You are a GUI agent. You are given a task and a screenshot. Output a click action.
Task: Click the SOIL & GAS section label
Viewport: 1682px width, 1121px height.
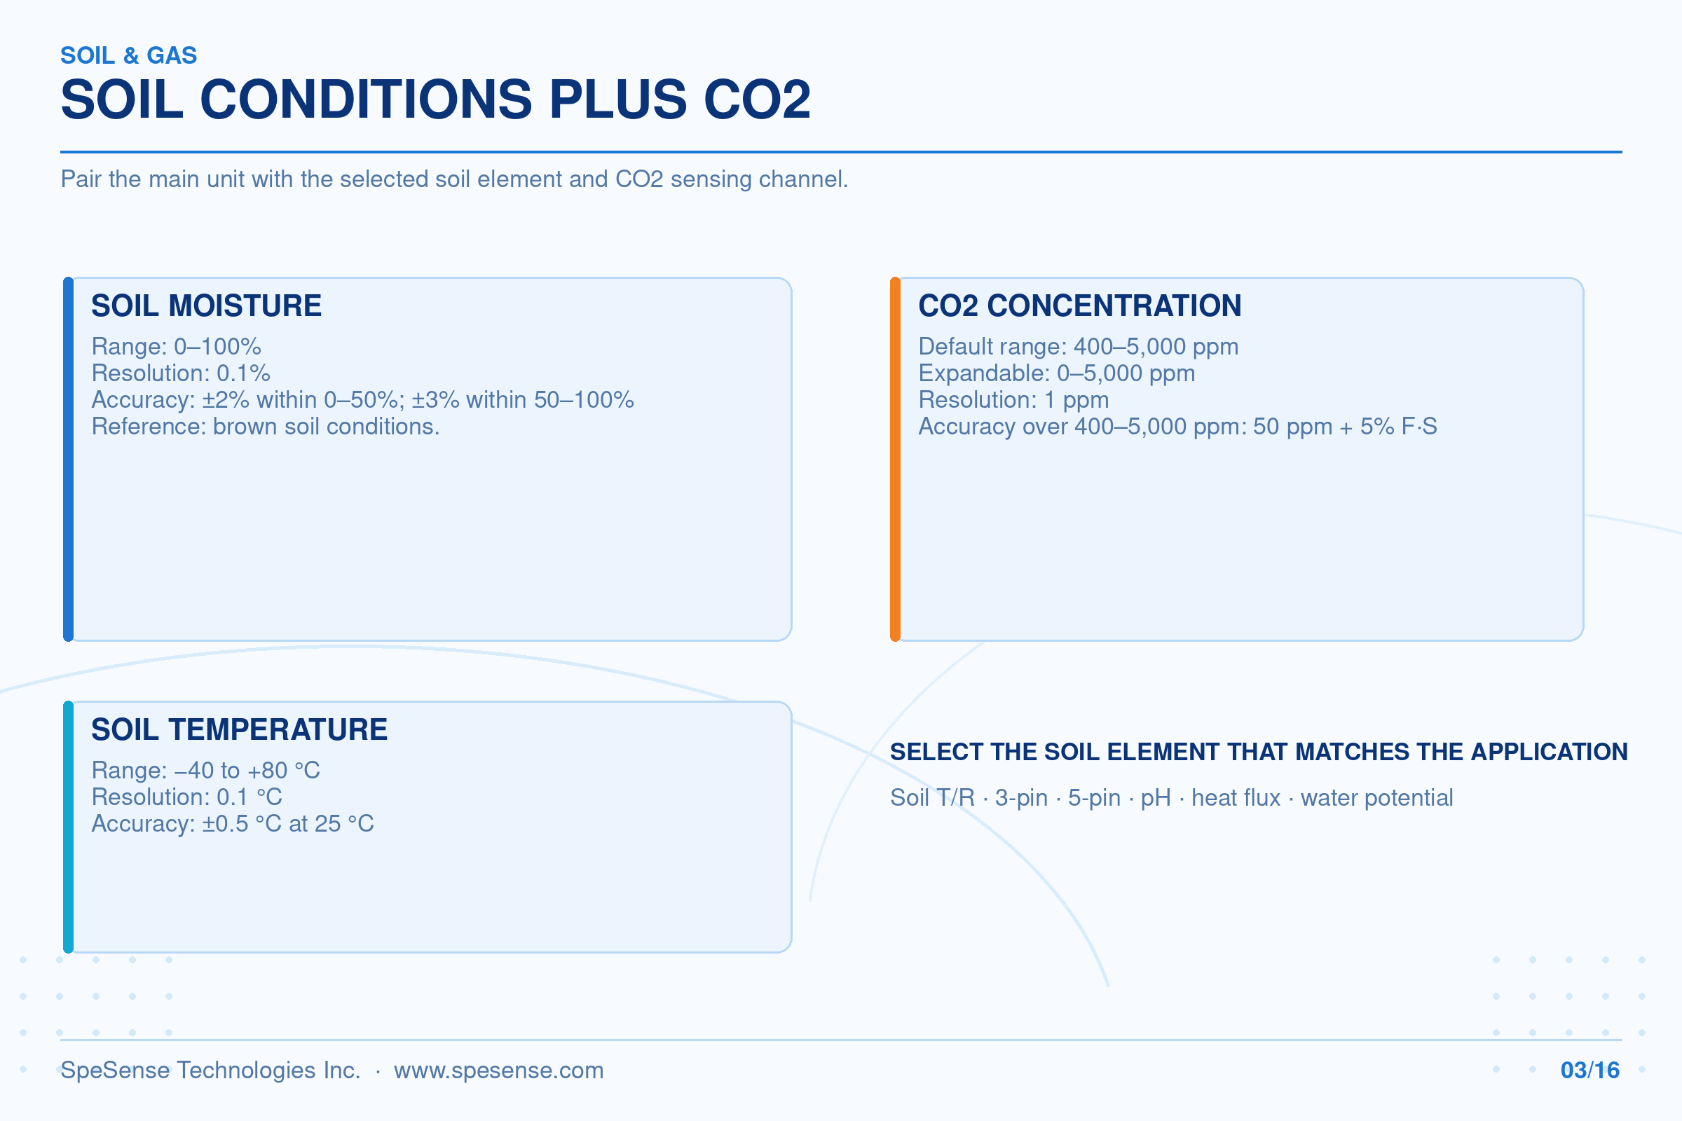129,56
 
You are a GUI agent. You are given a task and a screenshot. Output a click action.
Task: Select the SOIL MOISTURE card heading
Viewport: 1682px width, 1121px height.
206,306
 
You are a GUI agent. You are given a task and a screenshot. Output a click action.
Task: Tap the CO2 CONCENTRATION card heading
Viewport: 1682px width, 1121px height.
1080,306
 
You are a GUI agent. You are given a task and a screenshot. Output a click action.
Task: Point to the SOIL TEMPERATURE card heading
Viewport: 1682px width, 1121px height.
239,730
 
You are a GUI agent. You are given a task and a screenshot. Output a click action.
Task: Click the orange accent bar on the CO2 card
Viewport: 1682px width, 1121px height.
895,459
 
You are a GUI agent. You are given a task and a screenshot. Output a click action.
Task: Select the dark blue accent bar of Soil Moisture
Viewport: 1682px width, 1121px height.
68,459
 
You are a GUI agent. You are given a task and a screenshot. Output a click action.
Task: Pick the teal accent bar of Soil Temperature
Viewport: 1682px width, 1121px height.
68,827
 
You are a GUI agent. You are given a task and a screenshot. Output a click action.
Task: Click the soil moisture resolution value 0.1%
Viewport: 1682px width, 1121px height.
243,373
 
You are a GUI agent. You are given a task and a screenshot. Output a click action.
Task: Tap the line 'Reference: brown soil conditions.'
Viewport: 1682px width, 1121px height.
266,427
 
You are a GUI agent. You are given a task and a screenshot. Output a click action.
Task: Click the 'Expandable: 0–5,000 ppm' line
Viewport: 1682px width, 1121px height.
1056,373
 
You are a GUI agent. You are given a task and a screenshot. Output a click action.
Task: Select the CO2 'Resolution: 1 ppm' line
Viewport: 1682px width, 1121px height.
1013,399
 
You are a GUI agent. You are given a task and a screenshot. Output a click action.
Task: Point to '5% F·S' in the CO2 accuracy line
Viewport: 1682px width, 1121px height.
1398,427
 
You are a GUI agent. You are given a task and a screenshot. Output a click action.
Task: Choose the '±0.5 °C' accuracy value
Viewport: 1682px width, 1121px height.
242,824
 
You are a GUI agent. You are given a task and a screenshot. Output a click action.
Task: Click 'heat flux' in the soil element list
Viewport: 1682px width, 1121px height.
1236,798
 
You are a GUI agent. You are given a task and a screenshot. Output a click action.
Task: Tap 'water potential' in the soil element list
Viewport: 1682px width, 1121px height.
1376,798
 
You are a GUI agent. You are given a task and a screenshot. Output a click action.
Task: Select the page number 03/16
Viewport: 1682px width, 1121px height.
1589,1071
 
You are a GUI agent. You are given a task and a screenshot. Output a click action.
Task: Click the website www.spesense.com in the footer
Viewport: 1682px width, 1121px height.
498,1071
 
